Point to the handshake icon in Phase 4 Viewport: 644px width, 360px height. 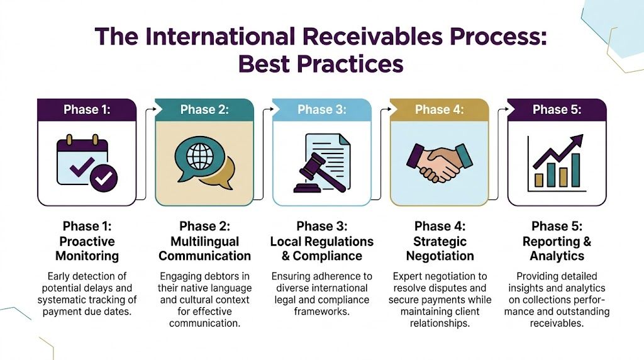coord(439,160)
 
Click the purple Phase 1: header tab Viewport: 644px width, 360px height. coord(87,110)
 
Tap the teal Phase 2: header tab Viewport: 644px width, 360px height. coord(204,110)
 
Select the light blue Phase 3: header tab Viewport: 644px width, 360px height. coord(321,110)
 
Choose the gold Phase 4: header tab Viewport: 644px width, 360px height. coord(439,110)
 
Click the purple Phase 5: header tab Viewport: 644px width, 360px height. coord(557,110)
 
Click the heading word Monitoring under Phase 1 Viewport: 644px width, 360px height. coord(87,256)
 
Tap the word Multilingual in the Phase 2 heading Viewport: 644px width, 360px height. coord(204,241)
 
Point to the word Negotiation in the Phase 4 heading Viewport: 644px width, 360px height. coord(440,256)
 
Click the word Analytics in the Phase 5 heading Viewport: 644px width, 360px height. coord(557,256)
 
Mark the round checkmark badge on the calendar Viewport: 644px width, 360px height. coord(103,178)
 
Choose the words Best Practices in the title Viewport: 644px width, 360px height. coord(321,64)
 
